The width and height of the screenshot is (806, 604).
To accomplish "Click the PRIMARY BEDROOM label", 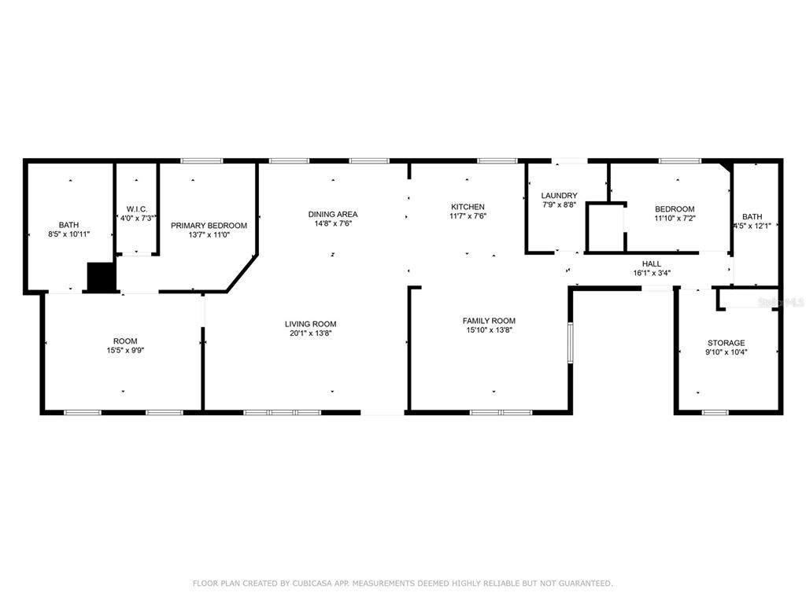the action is (x=209, y=226).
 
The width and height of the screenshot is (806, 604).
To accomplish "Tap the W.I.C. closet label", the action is (x=137, y=209).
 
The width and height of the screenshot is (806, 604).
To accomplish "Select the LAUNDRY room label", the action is (x=559, y=196).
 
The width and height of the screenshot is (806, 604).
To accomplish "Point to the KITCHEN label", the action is (x=468, y=207).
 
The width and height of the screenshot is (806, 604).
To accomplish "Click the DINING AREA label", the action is (x=333, y=214).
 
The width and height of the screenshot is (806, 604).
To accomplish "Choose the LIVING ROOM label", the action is (x=310, y=324).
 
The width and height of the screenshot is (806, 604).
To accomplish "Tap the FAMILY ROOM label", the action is (x=489, y=321).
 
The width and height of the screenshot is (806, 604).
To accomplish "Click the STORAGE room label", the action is (x=726, y=343).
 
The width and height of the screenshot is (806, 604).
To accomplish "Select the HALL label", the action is (x=651, y=264).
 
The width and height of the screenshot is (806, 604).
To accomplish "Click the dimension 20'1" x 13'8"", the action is (x=310, y=333).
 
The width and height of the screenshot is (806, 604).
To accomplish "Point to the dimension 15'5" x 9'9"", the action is (x=125, y=351).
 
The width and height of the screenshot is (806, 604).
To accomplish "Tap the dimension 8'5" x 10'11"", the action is (x=69, y=234).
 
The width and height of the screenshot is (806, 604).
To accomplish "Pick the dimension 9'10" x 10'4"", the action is (x=726, y=352).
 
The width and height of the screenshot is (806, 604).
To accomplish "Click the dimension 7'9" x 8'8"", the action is (x=559, y=205).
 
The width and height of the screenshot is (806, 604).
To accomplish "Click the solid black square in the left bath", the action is (x=101, y=277).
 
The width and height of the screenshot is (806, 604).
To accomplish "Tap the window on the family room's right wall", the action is (x=570, y=343).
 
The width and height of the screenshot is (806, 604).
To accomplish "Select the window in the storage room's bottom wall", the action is (x=715, y=412).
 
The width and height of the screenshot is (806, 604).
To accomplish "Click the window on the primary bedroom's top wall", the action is (x=202, y=160).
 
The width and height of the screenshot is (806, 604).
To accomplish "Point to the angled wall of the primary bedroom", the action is (x=242, y=273).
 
